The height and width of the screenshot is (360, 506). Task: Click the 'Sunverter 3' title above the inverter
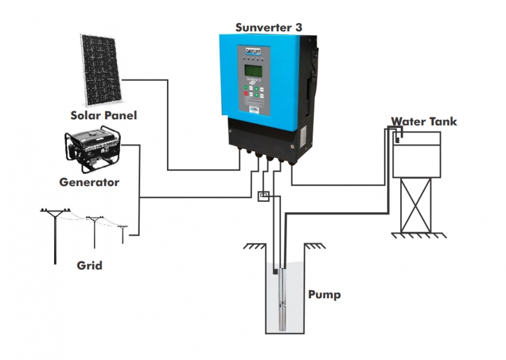coord(268,27)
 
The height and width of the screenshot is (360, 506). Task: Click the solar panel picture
coord(102,68)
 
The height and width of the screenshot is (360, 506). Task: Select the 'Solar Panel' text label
coord(104,115)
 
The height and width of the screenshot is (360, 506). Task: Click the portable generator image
coord(92,149)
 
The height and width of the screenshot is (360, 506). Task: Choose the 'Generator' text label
coord(89,183)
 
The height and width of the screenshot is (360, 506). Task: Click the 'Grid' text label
coord(90,266)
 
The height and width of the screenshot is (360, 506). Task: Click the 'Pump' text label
coord(324,294)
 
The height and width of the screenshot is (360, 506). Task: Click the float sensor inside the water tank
coord(398,138)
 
